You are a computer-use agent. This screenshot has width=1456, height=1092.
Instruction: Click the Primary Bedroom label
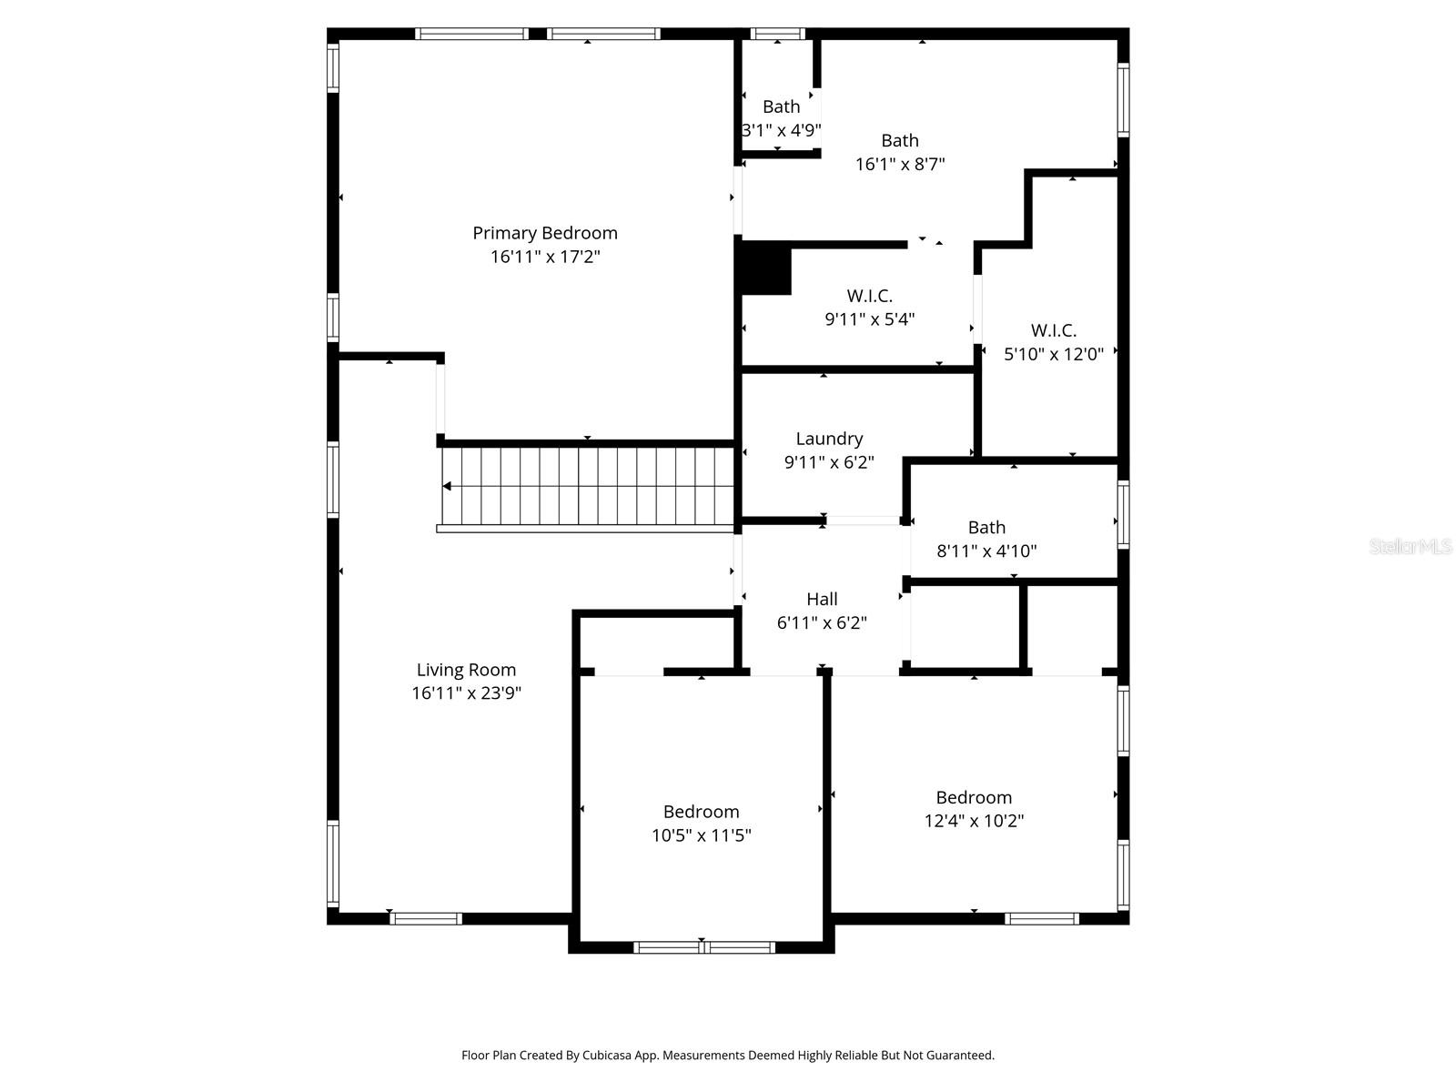coord(544,233)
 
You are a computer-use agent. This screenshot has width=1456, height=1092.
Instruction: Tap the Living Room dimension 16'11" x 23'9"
coord(466,693)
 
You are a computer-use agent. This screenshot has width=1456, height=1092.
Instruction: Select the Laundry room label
coord(829,439)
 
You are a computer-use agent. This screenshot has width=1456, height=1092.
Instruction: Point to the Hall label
coord(822,599)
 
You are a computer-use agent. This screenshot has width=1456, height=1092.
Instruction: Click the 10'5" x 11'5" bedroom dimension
coord(701,835)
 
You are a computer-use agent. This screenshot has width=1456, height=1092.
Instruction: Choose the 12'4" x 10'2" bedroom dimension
coord(974,821)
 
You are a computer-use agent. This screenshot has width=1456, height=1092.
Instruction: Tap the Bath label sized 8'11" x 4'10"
coord(986,528)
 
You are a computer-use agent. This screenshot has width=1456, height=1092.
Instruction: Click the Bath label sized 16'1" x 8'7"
coord(899,141)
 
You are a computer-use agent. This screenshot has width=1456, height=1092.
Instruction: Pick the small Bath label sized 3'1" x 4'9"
coord(781,106)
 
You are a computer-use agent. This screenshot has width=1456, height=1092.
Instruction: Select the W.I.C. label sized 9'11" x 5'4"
coord(869,296)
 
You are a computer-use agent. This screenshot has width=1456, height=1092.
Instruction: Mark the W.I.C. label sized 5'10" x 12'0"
coord(1053,330)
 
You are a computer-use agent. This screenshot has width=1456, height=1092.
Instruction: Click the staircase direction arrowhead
coord(447,486)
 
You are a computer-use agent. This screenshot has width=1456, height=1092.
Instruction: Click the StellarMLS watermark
coord(1410,547)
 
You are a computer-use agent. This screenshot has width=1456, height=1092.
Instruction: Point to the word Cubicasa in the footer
coord(622,1056)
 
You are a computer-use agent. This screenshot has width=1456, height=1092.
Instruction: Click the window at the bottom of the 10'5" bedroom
coord(704,947)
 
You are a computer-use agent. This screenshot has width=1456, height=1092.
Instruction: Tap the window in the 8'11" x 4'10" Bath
coord(1123,514)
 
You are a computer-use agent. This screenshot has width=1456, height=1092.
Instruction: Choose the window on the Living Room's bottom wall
coord(426,918)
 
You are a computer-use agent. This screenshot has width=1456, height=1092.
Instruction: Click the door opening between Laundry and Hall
coord(863,521)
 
